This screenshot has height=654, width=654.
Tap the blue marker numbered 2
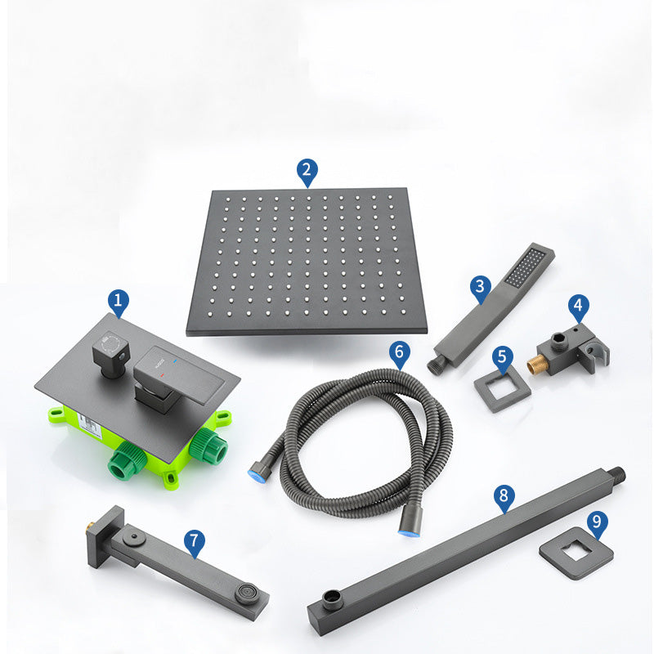coord(307,172)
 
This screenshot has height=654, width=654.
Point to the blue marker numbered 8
coord(504,497)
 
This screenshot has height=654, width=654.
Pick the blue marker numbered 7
coord(195,542)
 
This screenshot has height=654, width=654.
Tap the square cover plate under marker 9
coord(576,553)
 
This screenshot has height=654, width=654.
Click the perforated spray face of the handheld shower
coord(525,267)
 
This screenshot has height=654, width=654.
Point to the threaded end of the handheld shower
coord(434,365)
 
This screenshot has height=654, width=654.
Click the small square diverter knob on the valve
coord(110,352)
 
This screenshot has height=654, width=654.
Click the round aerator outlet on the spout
coord(248,593)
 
